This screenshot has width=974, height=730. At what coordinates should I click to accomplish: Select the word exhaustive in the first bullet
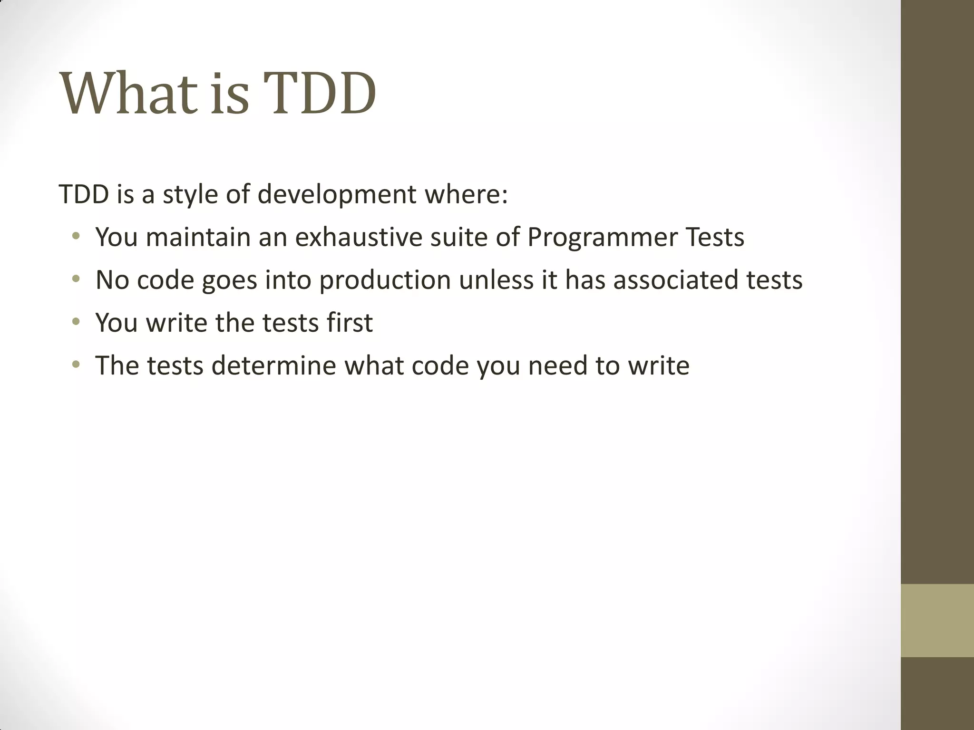359,237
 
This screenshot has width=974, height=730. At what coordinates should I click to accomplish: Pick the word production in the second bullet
385,280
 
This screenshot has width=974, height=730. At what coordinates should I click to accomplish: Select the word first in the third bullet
350,323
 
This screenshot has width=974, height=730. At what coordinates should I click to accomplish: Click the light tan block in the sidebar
937,620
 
